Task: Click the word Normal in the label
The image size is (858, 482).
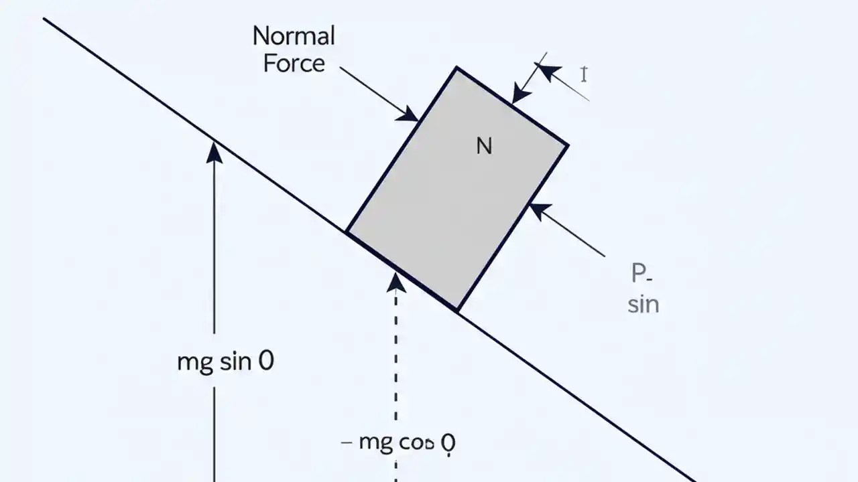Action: pyautogui.click(x=293, y=36)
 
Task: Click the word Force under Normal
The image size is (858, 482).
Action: pyautogui.click(x=294, y=64)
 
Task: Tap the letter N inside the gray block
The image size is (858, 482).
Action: pyautogui.click(x=483, y=146)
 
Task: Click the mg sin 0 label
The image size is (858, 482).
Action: pyautogui.click(x=226, y=362)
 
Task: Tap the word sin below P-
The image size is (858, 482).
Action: pyautogui.click(x=643, y=305)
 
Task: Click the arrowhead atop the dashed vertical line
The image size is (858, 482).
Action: pyautogui.click(x=396, y=282)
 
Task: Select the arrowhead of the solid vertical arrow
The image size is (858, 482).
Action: pyautogui.click(x=214, y=152)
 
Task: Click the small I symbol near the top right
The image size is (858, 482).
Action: pyautogui.click(x=584, y=74)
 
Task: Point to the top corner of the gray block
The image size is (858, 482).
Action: pyautogui.click(x=456, y=68)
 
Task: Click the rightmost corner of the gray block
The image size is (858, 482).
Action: pyautogui.click(x=568, y=144)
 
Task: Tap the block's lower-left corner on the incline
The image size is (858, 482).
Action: pyautogui.click(x=347, y=232)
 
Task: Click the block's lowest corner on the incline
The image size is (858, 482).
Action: pyautogui.click(x=457, y=311)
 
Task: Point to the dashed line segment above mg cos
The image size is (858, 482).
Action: pyautogui.click(x=396, y=361)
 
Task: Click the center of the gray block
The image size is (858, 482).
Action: pyautogui.click(x=457, y=189)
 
